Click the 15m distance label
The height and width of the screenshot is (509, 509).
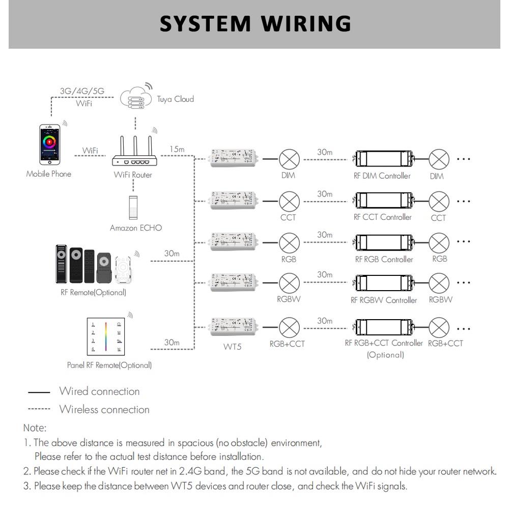tap(177, 150)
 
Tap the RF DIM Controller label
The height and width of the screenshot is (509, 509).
tap(382, 176)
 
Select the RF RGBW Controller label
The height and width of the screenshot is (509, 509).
tap(384, 300)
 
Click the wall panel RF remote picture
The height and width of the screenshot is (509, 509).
tap(106, 336)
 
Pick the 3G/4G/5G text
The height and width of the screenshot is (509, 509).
tap(82, 91)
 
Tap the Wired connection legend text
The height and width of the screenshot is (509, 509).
tap(99, 391)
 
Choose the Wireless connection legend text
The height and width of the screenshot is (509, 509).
tap(104, 410)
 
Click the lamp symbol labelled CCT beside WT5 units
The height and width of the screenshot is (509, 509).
tap(290, 201)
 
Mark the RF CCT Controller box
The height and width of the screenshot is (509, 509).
tap(383, 200)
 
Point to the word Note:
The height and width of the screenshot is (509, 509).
tap(35, 428)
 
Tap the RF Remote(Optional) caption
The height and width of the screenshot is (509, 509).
tap(93, 293)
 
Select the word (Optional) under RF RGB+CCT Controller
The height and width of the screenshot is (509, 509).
tap(385, 355)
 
